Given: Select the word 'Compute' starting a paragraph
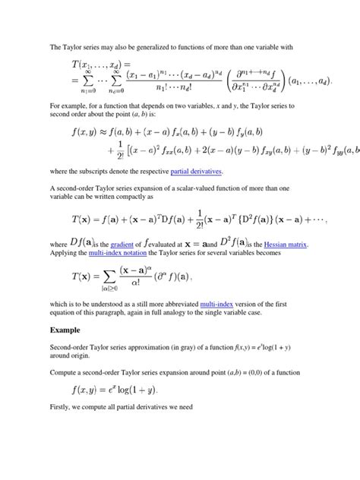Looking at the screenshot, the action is [x=64, y=373].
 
